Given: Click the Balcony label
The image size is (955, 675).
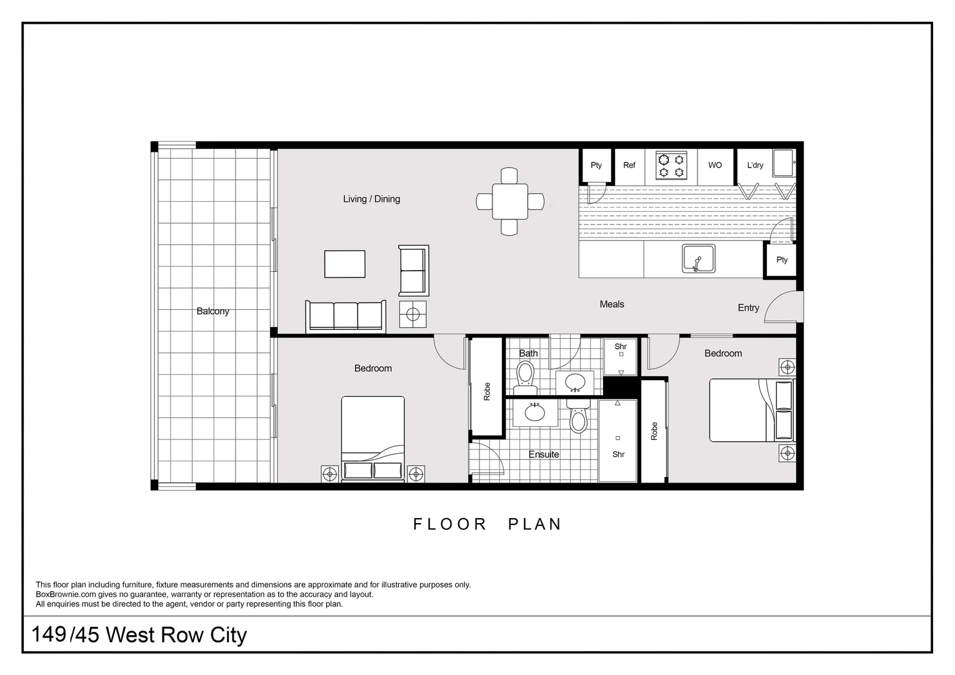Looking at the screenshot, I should click(212, 311).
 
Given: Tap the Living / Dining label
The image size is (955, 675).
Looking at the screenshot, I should click(371, 199).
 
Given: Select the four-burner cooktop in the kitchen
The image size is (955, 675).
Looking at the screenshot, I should click(671, 166).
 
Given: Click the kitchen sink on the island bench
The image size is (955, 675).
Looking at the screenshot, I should click(698, 259).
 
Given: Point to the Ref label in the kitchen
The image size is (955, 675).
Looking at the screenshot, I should click(629, 165).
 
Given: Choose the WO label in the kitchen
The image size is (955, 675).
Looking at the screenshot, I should click(715, 165).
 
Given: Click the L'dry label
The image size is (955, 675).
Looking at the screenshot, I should click(755, 165).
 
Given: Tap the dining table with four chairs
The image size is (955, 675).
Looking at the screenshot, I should click(509, 201).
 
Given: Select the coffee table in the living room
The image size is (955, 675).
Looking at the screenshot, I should click(344, 264).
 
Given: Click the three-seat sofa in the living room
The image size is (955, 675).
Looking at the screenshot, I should click(346, 316).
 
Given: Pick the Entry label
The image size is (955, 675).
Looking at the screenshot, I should click(748, 307).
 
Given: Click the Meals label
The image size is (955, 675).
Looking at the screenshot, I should click(612, 304).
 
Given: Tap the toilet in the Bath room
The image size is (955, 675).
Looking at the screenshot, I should click(525, 375).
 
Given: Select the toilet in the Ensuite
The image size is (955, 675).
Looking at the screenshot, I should click(579, 421).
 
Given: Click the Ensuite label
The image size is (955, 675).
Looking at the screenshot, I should click(544, 454).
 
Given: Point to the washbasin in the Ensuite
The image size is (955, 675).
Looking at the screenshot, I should click(534, 412).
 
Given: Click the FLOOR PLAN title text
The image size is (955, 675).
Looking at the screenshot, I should click(487, 524).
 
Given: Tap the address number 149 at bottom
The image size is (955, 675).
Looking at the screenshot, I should click(49, 634).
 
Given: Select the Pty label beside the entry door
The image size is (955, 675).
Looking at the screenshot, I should click(782, 259).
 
